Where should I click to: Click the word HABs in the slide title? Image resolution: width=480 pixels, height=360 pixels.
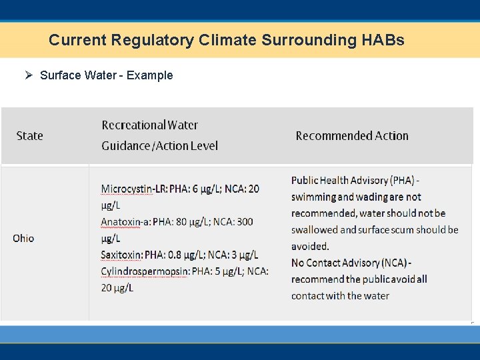383,40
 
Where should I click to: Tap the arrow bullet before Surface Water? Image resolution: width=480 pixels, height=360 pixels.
29,75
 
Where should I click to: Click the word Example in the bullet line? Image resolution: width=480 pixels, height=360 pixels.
149,75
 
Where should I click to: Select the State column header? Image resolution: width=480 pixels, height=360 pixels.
29,136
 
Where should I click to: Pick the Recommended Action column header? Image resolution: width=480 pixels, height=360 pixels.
352,136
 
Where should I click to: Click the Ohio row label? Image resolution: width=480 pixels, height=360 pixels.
23,238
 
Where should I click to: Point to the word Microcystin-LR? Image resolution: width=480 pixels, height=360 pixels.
133,189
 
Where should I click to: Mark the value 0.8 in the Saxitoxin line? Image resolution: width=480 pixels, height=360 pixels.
179,255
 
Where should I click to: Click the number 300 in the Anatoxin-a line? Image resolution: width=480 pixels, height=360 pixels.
244,221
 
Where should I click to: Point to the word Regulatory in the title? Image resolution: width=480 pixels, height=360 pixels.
143,40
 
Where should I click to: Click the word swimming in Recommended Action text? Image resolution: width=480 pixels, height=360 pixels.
313,197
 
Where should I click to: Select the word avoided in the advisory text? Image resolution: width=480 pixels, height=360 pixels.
310,246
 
